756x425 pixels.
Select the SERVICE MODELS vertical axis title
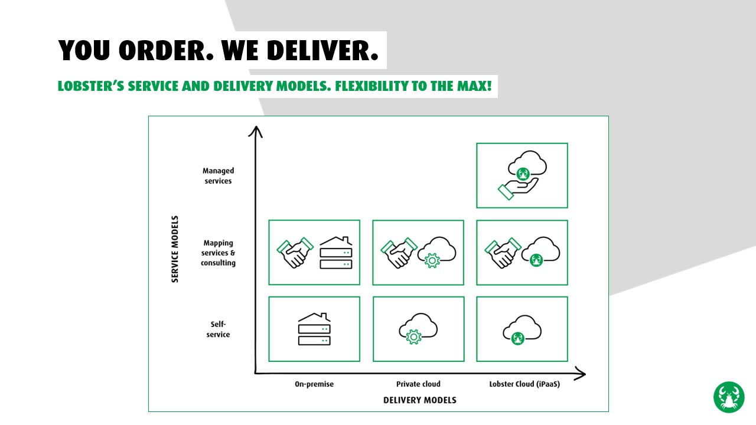click(175, 249)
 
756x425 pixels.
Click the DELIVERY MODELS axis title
click(420, 400)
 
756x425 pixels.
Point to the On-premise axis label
click(314, 384)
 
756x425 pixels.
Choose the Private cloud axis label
click(418, 384)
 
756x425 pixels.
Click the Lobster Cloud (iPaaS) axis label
click(524, 384)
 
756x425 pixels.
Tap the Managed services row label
click(219, 176)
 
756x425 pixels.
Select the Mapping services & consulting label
click(219, 253)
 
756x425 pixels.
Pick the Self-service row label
click(219, 329)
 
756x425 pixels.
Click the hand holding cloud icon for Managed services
click(522, 175)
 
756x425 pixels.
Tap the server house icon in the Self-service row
click(314, 329)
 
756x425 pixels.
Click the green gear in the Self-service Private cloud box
click(413, 337)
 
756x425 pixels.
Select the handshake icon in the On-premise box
click(294, 253)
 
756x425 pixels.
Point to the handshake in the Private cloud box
click(399, 253)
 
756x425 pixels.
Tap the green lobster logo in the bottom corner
click(729, 397)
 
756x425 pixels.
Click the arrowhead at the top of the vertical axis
click(255, 130)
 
